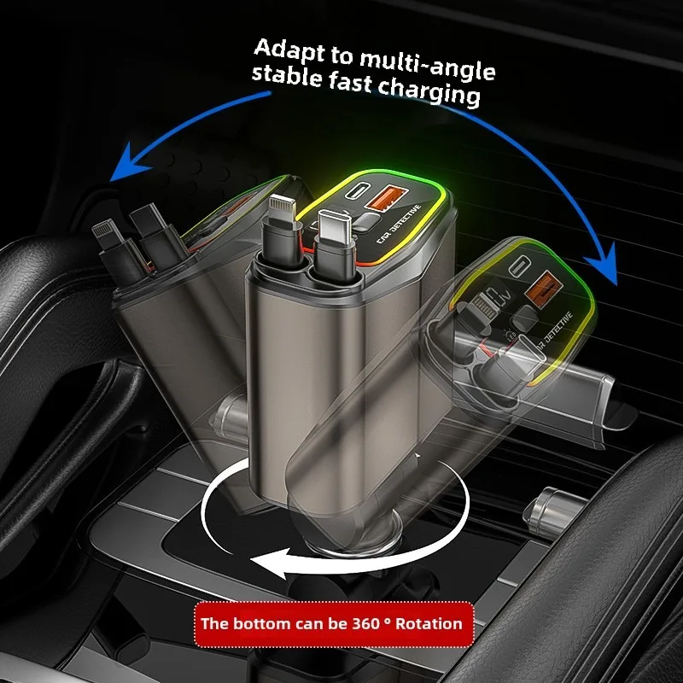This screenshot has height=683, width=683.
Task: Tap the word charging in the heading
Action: (430, 92)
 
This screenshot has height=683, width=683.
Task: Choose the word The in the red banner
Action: (213, 622)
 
